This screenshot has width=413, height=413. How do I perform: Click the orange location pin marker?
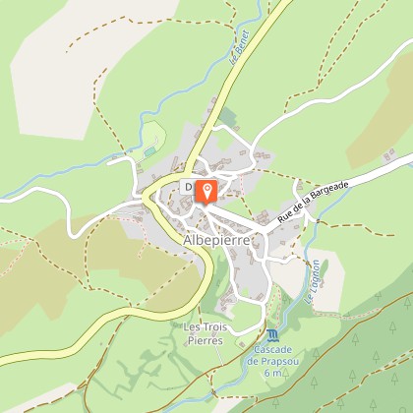tap(206, 191)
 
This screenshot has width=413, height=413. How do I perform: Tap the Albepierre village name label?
tap(218, 240)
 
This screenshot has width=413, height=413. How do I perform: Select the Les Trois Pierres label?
tap(204, 333)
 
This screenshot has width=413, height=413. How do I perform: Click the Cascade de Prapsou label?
tap(259, 361)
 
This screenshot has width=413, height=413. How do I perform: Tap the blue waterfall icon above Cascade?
tap(258, 336)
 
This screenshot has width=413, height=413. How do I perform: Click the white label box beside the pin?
tap(188, 188)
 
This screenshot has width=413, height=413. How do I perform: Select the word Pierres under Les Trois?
tap(204, 340)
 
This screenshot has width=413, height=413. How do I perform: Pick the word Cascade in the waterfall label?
tap(258, 350)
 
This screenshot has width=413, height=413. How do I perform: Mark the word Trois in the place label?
tap(212, 327)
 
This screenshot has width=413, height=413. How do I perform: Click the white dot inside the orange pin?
tap(206, 188)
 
